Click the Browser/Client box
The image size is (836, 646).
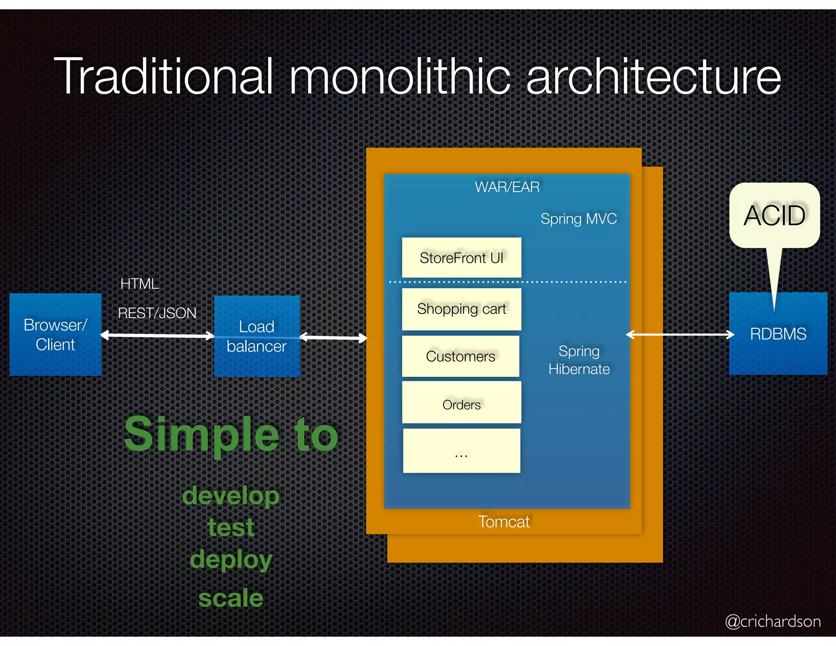pos(55,334)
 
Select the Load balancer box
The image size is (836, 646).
pos(257,336)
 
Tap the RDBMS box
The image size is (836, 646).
pos(778,334)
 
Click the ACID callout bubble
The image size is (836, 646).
pos(774,215)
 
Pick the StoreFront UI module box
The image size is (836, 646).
pos(461,258)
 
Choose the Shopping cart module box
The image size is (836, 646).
pos(461,309)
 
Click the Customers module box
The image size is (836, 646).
pos(460,356)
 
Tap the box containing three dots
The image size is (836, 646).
pos(461,451)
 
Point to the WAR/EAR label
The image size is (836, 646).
pos(507,187)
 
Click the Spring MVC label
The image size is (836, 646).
pos(578,219)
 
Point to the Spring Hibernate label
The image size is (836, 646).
pos(579,360)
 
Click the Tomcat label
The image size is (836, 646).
pos(504,522)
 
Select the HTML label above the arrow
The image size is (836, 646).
pos(139,283)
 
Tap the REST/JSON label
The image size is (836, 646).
pos(157,313)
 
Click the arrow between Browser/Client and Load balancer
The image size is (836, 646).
pos(158,336)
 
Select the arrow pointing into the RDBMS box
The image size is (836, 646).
pos(680,335)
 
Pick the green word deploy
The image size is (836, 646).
pos(231,559)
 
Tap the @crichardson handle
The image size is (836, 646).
pos(773,621)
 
